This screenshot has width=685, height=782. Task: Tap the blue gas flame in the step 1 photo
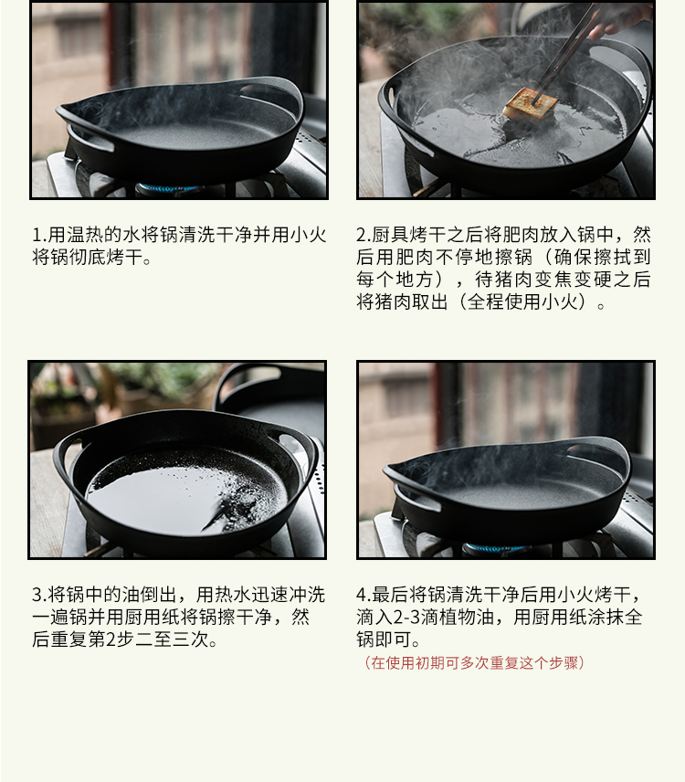point(170,188)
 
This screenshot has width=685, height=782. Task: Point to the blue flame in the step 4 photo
point(494,548)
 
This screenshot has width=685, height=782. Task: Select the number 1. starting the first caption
point(39,235)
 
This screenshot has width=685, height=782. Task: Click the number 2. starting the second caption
point(364,235)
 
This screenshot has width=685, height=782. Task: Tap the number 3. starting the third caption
point(39,595)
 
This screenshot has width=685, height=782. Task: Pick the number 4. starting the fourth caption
point(364,595)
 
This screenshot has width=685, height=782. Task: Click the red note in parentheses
point(474,663)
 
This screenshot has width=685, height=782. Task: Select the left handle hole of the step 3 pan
point(66,454)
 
